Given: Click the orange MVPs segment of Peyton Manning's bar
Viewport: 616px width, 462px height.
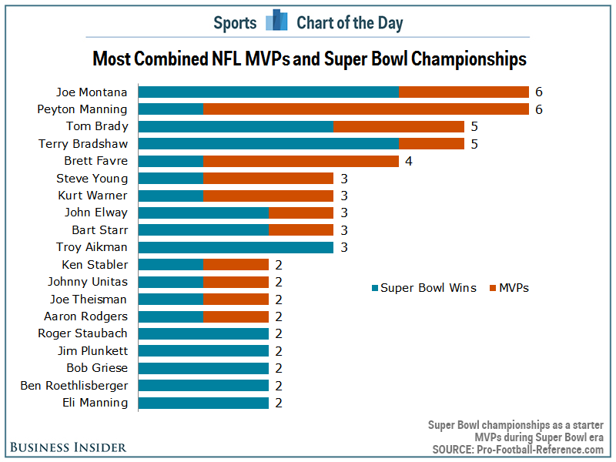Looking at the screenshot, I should click(x=366, y=109).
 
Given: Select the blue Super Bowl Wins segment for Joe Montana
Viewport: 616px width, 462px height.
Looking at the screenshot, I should click(x=268, y=92).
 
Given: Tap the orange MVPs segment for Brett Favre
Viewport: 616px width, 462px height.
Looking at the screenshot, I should click(x=300, y=161).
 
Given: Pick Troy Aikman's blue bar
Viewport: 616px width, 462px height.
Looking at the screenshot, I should click(x=236, y=247).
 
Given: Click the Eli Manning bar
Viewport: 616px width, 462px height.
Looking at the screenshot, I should click(x=203, y=403).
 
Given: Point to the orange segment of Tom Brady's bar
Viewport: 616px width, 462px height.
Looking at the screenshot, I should click(x=399, y=126).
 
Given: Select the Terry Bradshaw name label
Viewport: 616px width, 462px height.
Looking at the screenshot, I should click(x=83, y=144).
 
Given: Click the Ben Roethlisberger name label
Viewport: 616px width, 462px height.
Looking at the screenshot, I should click(x=74, y=385).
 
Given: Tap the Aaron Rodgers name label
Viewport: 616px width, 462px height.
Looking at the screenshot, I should click(x=86, y=316).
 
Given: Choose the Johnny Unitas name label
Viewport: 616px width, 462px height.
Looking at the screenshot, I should click(x=88, y=282).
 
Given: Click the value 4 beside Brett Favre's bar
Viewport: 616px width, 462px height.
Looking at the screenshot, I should click(x=408, y=161).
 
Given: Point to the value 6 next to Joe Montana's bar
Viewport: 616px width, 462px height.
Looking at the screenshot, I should click(x=539, y=92).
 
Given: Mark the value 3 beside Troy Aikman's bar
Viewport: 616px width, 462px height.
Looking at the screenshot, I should click(x=343, y=247).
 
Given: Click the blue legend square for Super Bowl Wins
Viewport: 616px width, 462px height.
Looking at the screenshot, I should click(x=375, y=288).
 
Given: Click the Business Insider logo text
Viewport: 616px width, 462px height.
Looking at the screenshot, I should click(x=68, y=447).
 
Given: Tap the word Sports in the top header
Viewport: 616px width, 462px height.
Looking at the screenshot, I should click(x=235, y=23).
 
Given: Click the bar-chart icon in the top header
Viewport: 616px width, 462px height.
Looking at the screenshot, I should click(x=276, y=22).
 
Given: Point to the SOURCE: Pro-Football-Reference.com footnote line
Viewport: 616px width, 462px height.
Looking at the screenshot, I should click(x=517, y=449).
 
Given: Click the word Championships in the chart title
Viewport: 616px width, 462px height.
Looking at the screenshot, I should click(x=461, y=59).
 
